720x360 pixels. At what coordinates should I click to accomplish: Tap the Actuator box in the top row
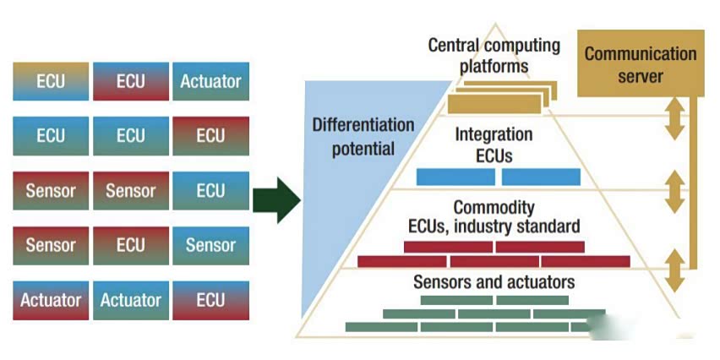click(x=210, y=82)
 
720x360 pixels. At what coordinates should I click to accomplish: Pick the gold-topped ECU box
click(x=51, y=82)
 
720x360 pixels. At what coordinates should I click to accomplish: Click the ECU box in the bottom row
click(x=210, y=300)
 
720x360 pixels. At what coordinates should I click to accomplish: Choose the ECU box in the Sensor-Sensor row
click(x=210, y=191)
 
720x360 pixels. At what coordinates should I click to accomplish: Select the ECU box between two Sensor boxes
click(x=131, y=245)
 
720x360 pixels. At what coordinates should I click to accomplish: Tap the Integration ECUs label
click(x=494, y=145)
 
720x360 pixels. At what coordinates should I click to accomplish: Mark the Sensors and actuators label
click(x=494, y=281)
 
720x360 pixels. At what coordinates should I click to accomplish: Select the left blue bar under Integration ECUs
click(x=455, y=177)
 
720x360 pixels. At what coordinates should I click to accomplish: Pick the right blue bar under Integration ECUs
click(x=541, y=177)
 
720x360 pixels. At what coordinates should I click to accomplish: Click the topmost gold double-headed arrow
click(x=674, y=120)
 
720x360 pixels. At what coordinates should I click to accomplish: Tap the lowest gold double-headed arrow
click(x=674, y=270)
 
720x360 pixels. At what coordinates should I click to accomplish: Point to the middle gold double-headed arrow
click(x=674, y=193)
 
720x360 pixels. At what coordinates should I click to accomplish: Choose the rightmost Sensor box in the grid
click(x=210, y=245)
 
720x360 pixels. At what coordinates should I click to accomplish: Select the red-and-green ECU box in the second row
click(x=210, y=136)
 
